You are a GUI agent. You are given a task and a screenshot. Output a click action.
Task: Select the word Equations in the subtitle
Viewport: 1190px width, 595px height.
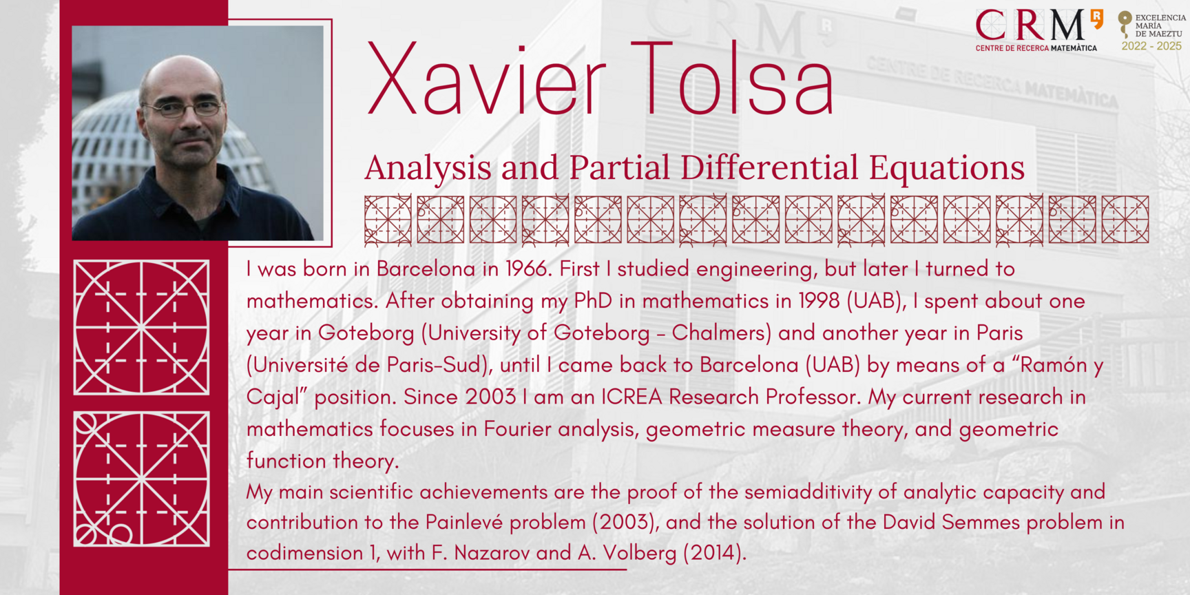(x=947, y=168)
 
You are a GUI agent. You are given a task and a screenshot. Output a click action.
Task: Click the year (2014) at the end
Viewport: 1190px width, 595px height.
(x=714, y=554)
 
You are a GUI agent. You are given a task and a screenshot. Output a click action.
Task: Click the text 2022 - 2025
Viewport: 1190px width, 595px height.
(x=1151, y=46)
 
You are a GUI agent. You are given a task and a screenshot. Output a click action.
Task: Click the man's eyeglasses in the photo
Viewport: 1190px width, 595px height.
(x=182, y=108)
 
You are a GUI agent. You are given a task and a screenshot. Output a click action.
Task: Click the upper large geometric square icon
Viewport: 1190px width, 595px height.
(x=141, y=327)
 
